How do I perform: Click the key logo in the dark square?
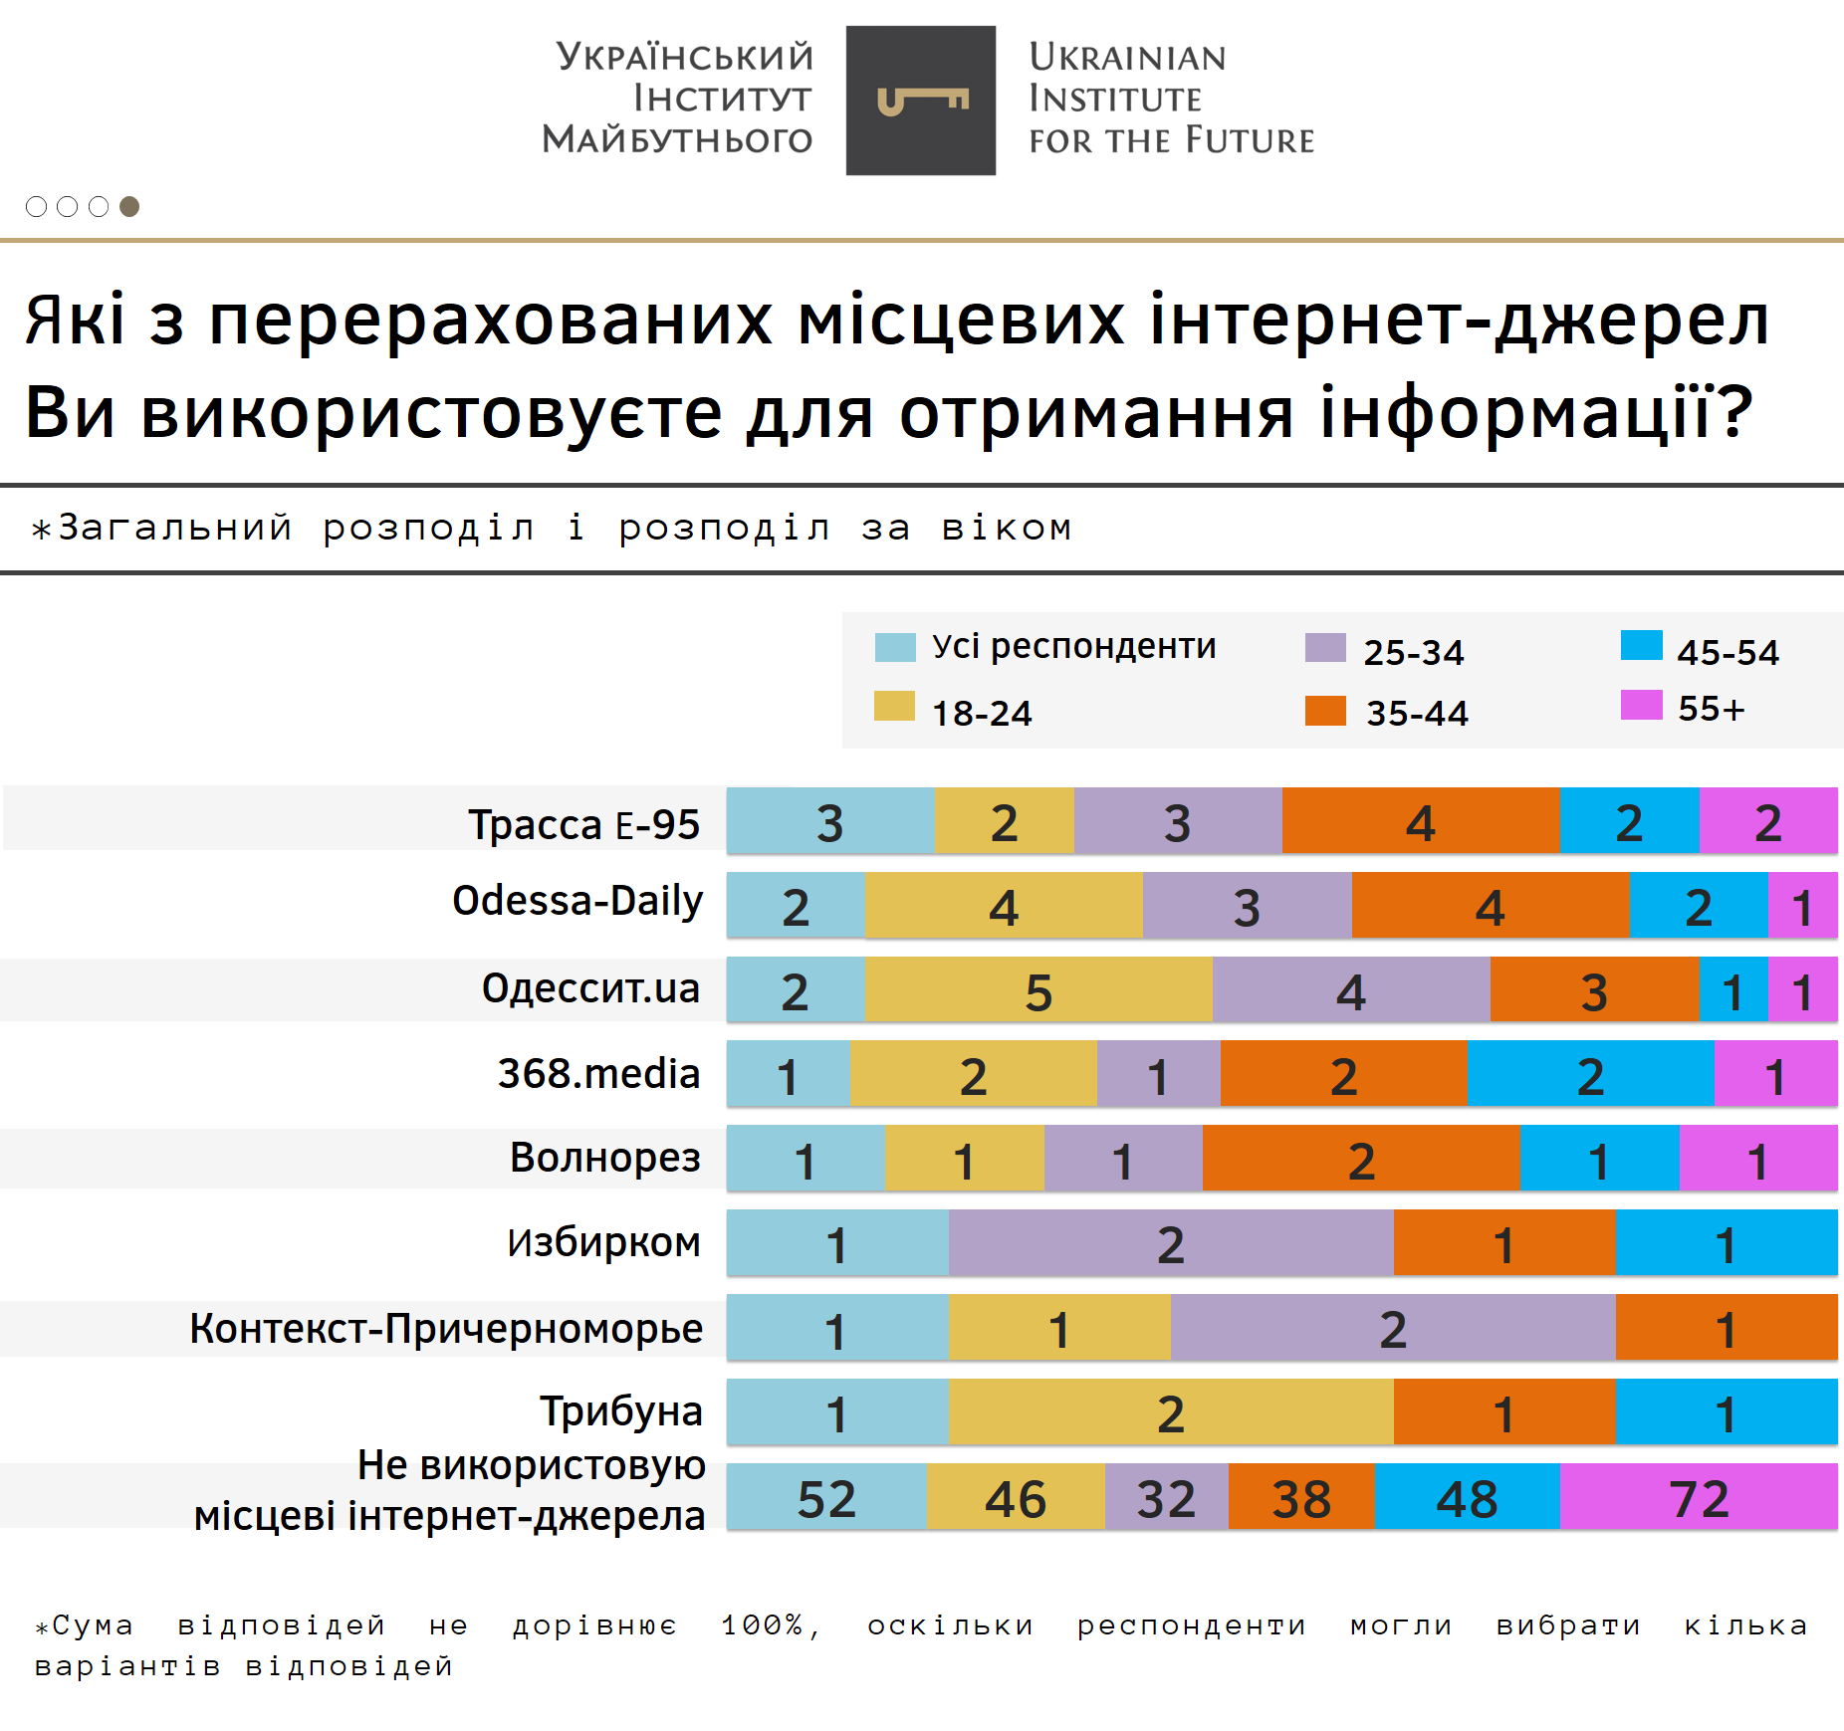[x=921, y=101]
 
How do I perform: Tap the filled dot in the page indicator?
[x=129, y=206]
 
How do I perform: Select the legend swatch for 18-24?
[x=894, y=706]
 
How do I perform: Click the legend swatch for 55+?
[x=1641, y=705]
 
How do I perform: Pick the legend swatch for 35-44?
[x=1325, y=711]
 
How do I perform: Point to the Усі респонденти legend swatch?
[x=894, y=647]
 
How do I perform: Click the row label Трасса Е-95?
[x=583, y=824]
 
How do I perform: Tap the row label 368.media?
[x=598, y=1073]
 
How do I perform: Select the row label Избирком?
[x=603, y=1242]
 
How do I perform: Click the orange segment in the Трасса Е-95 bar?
[x=1421, y=821]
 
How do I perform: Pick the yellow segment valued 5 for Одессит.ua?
[x=1038, y=989]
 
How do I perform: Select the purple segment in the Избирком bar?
[x=1171, y=1242]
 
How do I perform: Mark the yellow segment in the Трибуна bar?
[x=1171, y=1411]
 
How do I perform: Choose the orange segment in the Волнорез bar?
[x=1361, y=1159]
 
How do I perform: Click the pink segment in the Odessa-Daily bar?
[x=1802, y=905]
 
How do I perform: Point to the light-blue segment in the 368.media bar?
[x=788, y=1074]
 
